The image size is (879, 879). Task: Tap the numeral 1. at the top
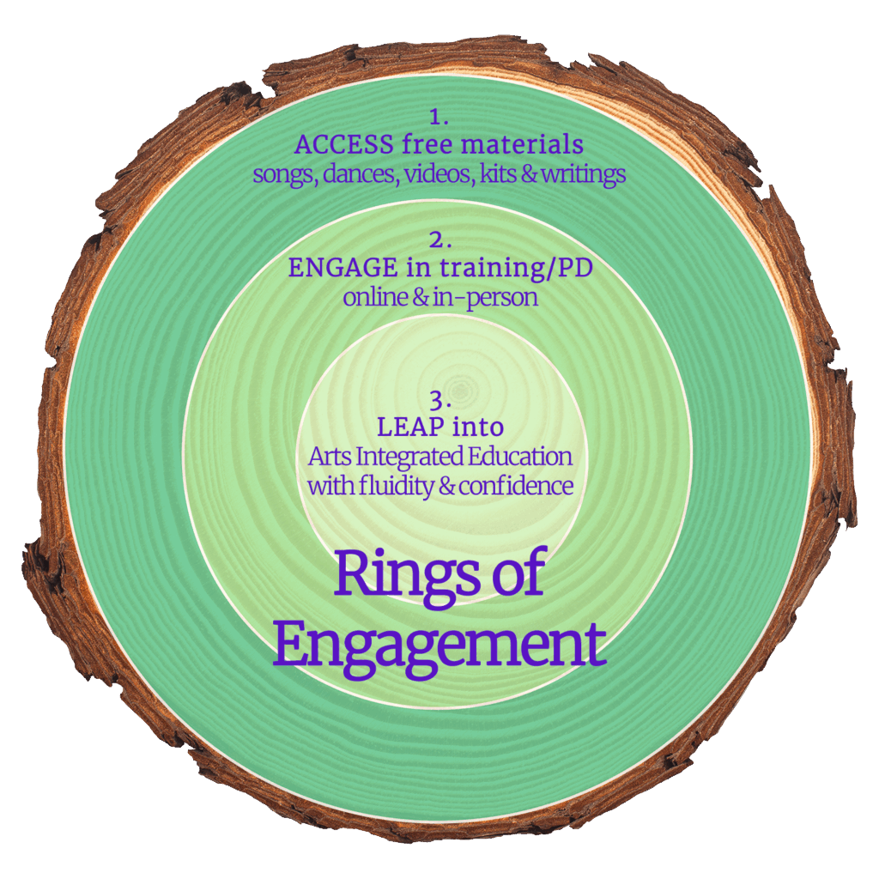tap(439, 117)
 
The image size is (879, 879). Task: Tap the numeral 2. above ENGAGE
tap(439, 241)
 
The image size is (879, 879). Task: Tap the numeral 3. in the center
tap(439, 399)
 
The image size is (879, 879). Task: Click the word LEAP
tap(406, 426)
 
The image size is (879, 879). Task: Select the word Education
tap(524, 456)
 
